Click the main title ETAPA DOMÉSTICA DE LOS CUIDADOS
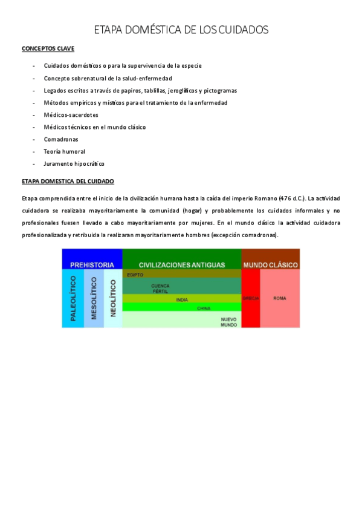point(181,30)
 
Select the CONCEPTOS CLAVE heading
point(48,48)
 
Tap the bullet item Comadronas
point(60,139)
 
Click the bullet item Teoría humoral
point(64,151)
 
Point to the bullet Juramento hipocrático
point(74,163)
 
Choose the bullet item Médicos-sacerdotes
point(71,114)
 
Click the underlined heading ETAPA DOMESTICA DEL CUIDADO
point(68,181)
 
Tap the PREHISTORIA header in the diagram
point(92,264)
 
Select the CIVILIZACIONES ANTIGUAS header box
point(182,264)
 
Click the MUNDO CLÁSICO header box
point(270,264)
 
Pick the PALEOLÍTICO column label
point(73,298)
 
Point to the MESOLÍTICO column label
point(94,298)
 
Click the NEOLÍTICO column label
point(113,298)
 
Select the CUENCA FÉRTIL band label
point(160,288)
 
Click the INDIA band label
point(182,299)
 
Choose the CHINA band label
point(204,308)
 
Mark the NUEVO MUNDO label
point(228,321)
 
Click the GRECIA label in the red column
point(250,298)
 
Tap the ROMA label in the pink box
point(279,298)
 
